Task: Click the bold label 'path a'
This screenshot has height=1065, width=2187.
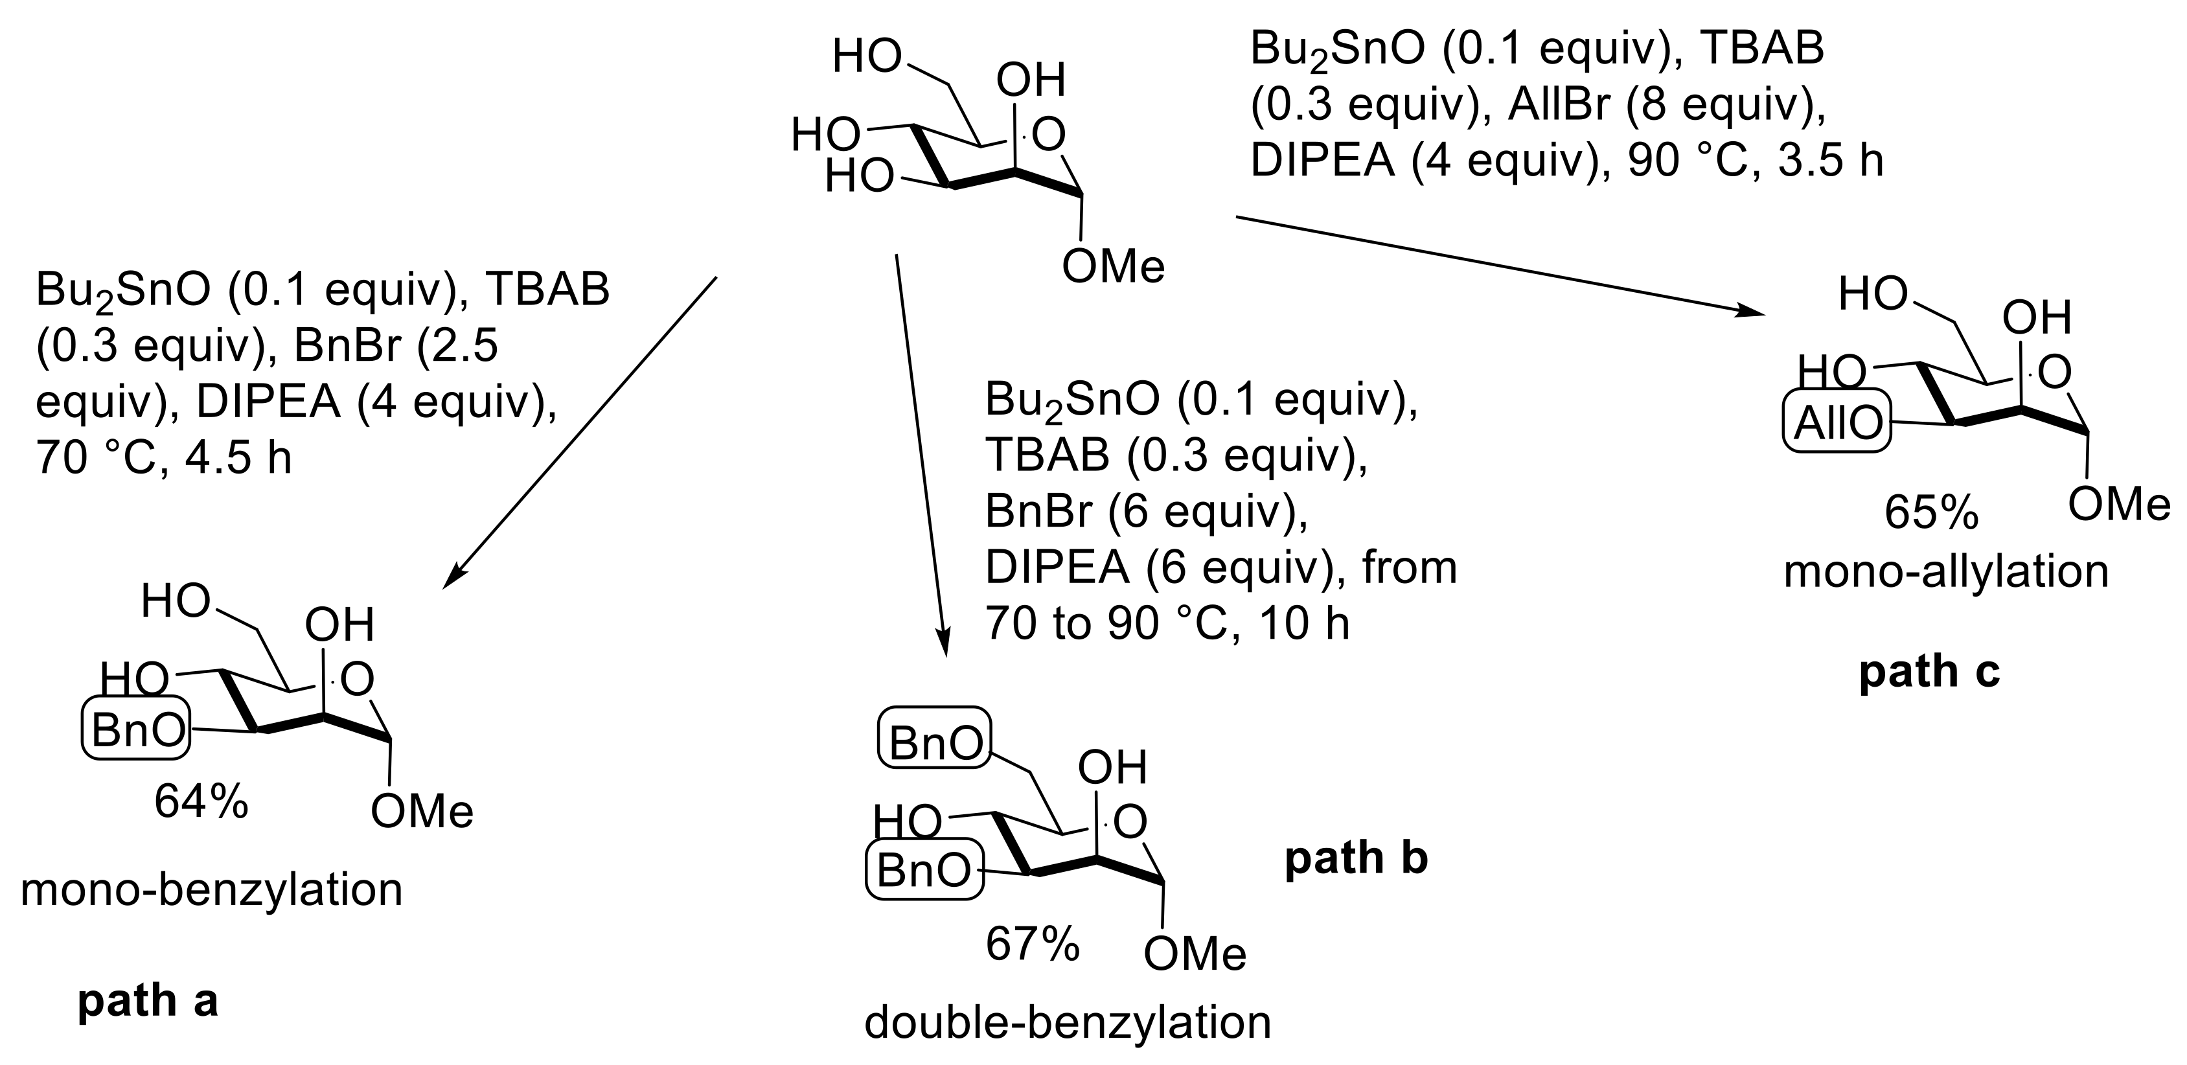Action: (x=148, y=1002)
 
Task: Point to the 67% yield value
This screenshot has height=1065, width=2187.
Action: (x=1033, y=945)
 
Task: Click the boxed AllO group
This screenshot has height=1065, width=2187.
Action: (x=1837, y=423)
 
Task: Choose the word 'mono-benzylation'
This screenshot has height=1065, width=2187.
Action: (x=211, y=891)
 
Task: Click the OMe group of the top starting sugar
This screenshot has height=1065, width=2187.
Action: (x=1113, y=268)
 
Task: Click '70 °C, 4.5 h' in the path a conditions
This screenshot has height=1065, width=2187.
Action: (x=163, y=458)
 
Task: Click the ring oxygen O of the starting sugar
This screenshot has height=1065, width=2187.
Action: (x=1049, y=134)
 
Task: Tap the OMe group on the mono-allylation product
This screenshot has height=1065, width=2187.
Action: (x=2118, y=505)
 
